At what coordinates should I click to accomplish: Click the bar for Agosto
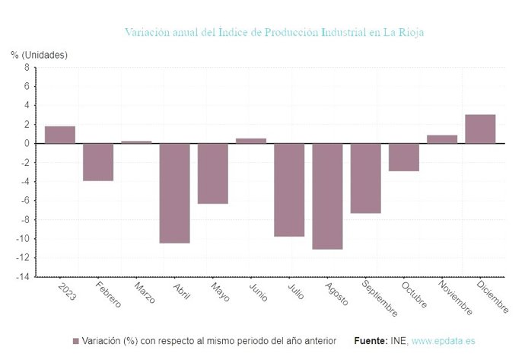(x=327, y=196)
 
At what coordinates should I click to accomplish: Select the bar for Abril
(x=174, y=193)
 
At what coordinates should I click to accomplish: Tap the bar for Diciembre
(x=480, y=129)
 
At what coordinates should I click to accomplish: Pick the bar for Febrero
(x=98, y=162)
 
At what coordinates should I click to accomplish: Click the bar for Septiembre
(x=365, y=178)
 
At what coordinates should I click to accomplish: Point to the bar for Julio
(x=289, y=190)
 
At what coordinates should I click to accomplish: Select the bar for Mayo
(x=213, y=174)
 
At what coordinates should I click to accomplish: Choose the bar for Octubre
(x=403, y=157)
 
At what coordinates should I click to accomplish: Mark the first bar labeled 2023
(x=60, y=135)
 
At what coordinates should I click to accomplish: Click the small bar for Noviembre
(x=442, y=139)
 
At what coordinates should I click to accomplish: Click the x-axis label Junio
(x=257, y=293)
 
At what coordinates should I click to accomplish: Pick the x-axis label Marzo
(x=143, y=294)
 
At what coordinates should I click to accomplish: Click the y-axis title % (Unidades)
(x=39, y=55)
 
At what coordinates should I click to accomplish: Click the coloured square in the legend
(x=76, y=341)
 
